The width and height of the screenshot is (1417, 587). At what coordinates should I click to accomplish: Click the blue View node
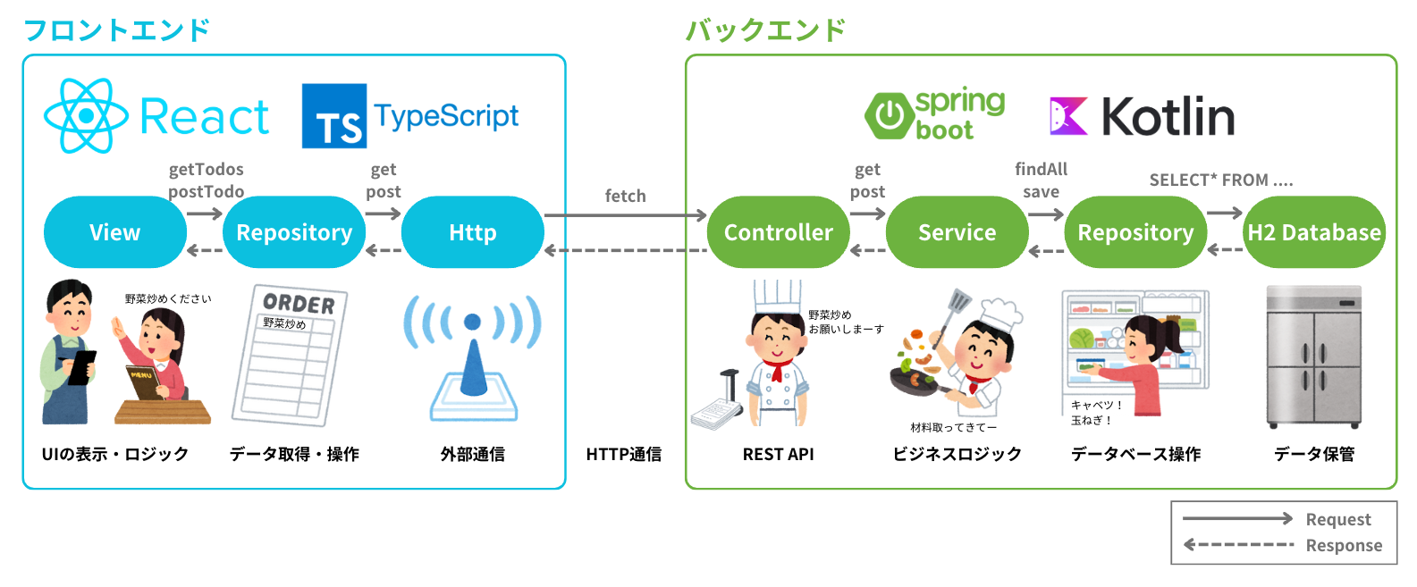[114, 232]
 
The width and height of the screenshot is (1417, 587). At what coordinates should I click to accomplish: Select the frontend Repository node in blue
[294, 232]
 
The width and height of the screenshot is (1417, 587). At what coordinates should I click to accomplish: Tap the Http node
[472, 232]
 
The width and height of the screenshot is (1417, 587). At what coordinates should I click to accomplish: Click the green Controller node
[778, 232]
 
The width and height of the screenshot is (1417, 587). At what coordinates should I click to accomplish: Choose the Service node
[957, 232]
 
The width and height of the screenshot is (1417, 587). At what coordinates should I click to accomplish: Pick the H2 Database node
[1314, 232]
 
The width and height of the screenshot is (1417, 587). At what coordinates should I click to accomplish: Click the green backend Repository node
[1135, 232]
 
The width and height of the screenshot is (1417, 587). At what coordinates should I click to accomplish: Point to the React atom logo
[86, 116]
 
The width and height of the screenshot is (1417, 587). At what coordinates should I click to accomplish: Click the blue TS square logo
[334, 116]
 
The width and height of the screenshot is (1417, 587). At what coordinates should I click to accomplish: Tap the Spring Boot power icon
[889, 115]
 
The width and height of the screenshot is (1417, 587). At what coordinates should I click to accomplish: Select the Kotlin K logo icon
[1068, 116]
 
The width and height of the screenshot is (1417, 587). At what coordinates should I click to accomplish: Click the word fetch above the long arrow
[625, 196]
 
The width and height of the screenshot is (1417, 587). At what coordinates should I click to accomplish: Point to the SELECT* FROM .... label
[1220, 180]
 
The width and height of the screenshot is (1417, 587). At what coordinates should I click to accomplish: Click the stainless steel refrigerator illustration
[1313, 357]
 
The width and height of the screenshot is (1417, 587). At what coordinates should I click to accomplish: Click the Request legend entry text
[1337, 519]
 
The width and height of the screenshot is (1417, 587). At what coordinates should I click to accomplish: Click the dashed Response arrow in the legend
[1238, 544]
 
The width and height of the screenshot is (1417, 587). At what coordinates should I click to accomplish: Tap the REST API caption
[778, 454]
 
